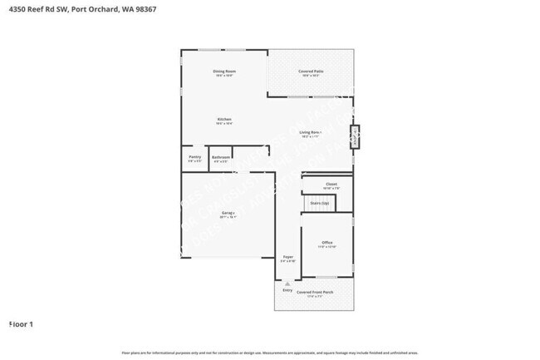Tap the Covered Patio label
point(311,72)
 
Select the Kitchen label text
point(224,120)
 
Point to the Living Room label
point(311,132)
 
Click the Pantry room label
point(194,156)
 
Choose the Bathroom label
point(220,157)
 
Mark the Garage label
point(228,213)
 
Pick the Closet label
point(331,184)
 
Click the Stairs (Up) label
point(320,203)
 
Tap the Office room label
point(326,243)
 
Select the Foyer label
point(288,257)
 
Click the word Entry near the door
point(287,289)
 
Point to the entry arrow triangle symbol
point(287,283)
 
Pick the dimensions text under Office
point(326,248)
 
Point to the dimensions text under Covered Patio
point(311,76)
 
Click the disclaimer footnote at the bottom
point(270,353)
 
